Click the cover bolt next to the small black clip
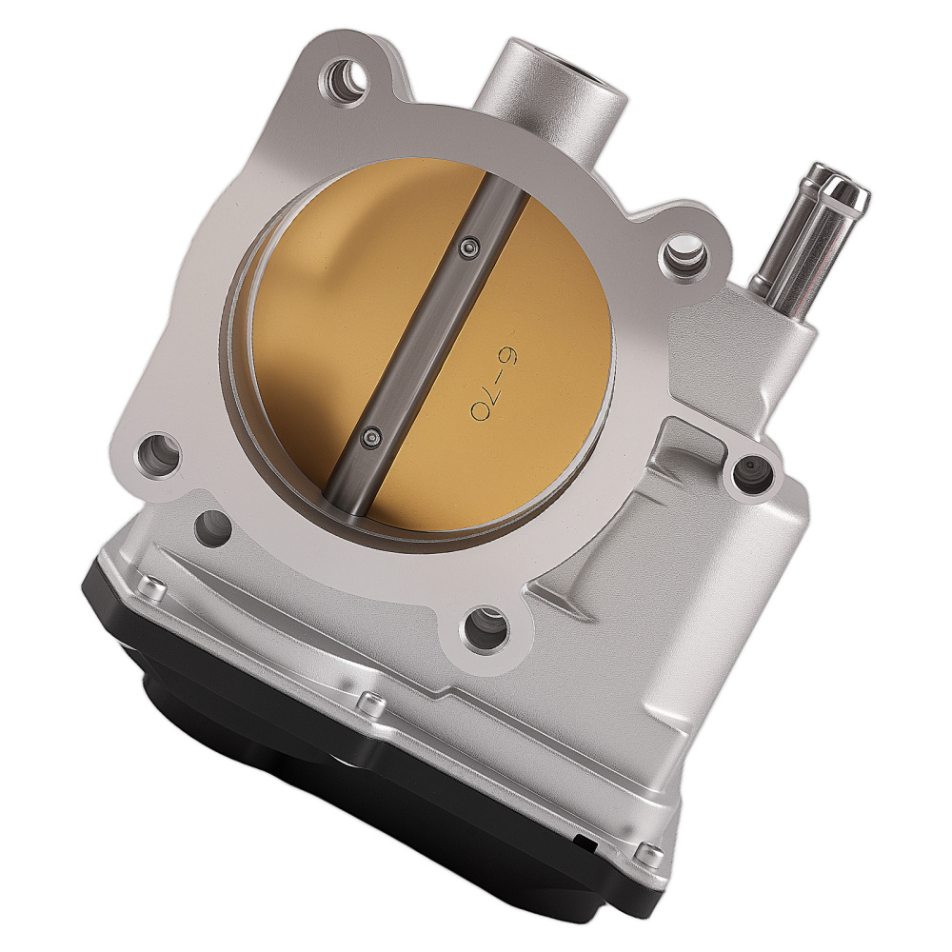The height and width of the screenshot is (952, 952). click(x=647, y=854)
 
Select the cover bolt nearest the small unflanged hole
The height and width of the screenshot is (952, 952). click(x=152, y=589)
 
